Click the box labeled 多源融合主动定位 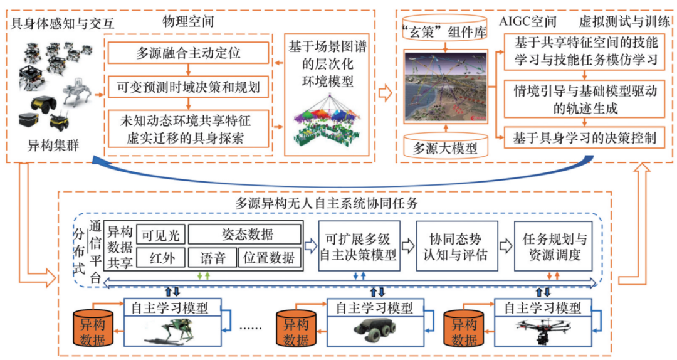pos(188,53)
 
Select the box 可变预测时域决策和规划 pos(188,85)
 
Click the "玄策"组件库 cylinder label pos(444,33)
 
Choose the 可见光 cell pos(160,235)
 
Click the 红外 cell pos(160,258)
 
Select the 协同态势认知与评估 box pos(457,246)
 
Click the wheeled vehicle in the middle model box pos(374,330)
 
